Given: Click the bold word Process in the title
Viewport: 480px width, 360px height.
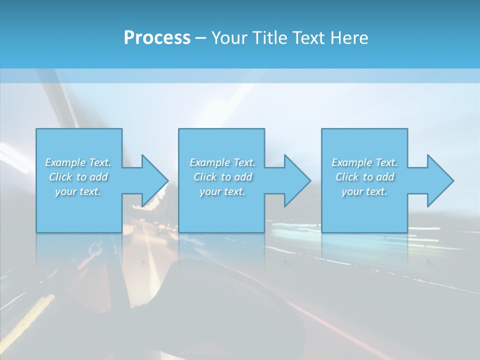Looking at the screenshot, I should click(x=157, y=38).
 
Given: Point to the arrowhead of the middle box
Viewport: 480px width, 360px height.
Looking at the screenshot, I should click(x=296, y=180).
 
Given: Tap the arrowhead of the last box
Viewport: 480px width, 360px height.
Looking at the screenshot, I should click(x=439, y=180).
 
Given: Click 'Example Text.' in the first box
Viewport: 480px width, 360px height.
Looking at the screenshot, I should click(x=78, y=162).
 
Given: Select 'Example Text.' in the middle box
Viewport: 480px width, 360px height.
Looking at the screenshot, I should click(x=222, y=162).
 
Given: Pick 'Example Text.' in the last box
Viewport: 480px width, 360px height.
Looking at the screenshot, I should click(x=364, y=162).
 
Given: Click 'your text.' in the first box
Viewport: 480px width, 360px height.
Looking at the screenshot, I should click(x=78, y=191).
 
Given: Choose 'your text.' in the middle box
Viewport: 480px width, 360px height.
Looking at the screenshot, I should click(x=222, y=191).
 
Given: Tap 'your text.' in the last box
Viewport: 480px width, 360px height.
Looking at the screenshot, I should click(x=364, y=191).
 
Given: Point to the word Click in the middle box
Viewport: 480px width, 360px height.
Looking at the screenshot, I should click(x=205, y=177).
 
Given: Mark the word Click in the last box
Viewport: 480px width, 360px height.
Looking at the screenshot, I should click(x=347, y=177).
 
